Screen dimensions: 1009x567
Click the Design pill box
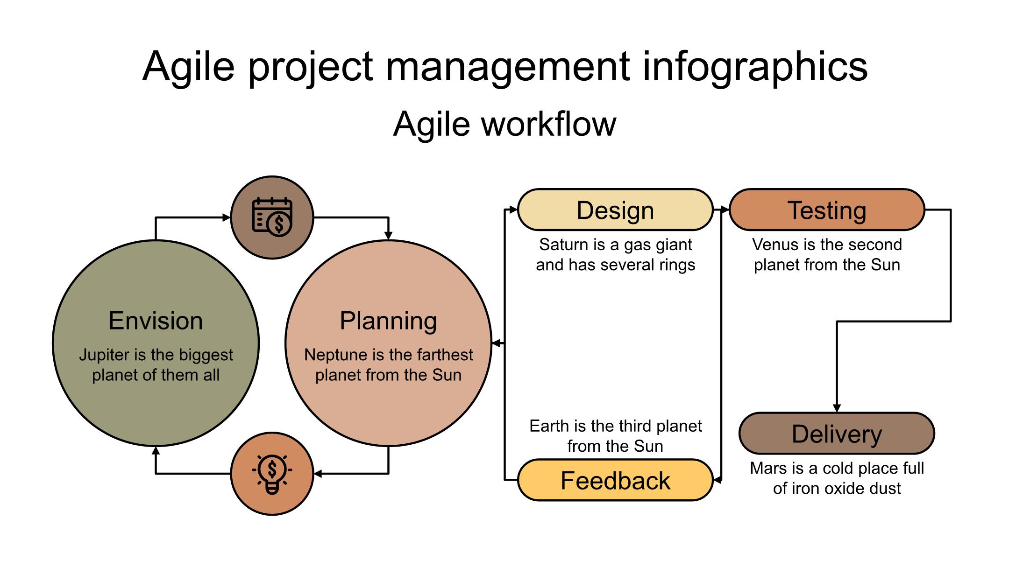coord(615,210)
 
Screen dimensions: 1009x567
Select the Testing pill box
coord(827,210)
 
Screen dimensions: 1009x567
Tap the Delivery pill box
coord(837,434)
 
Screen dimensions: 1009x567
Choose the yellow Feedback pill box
coord(615,480)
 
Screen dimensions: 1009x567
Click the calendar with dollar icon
coord(272,217)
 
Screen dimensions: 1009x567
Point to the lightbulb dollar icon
coord(272,474)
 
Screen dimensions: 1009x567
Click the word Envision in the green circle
coord(156,321)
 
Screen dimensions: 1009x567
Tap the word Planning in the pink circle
coord(388,322)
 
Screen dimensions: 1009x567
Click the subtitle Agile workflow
coord(504,124)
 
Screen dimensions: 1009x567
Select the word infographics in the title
coord(755,67)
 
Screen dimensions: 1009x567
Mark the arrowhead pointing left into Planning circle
coord(497,343)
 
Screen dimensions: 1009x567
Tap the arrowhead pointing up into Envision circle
coord(156,450)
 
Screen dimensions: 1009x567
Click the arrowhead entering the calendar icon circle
coord(227,217)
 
